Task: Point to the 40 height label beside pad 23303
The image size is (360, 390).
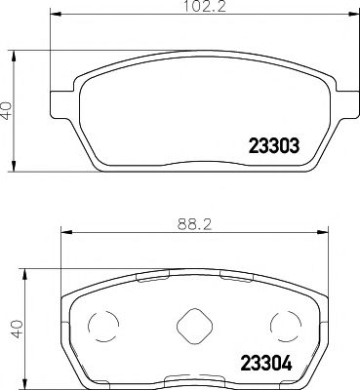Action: coord(8,109)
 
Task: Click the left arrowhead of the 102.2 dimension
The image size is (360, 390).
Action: coord(53,15)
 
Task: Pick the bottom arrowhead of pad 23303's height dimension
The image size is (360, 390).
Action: coord(15,163)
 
